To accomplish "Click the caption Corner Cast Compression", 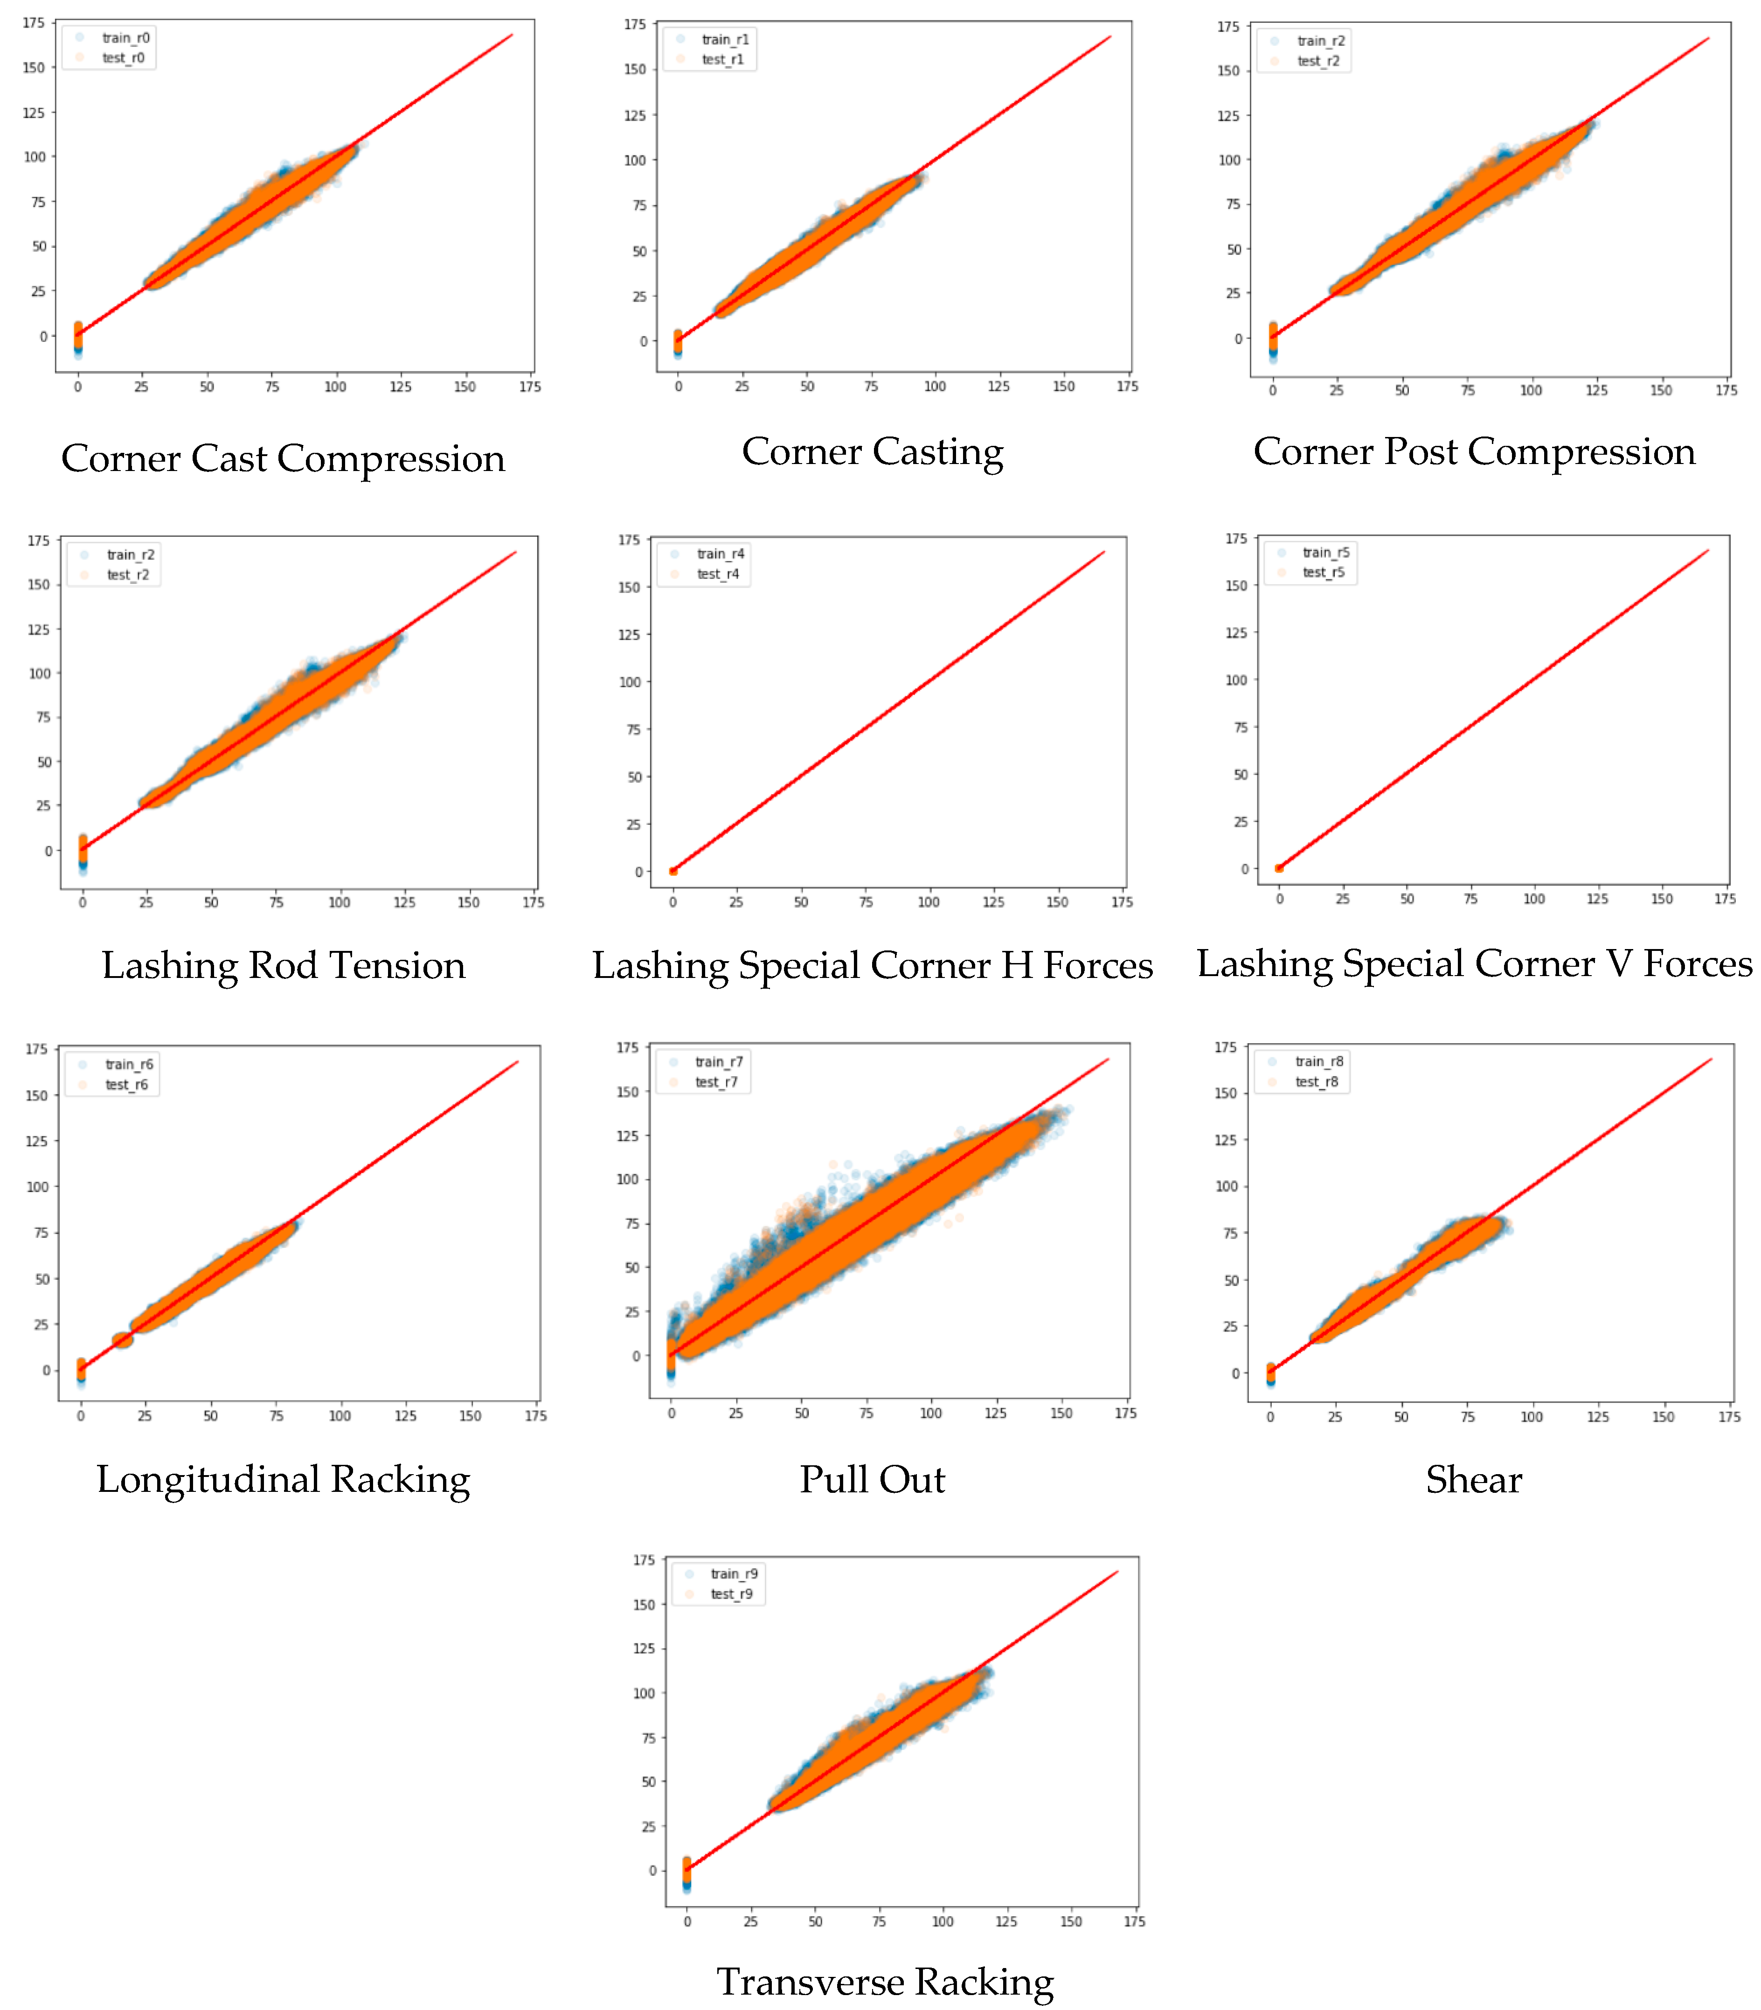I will click(283, 458).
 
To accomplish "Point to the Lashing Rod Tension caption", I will click(283, 965).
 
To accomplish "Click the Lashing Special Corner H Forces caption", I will click(873, 965).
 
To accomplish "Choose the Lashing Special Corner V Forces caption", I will click(1474, 963).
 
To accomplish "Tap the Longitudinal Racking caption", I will click(283, 1479).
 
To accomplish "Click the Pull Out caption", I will click(873, 1479).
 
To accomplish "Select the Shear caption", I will click(1474, 1479).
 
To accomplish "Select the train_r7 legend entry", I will click(718, 1061).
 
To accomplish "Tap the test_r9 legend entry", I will click(731, 1594).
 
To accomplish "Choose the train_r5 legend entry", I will click(1326, 552).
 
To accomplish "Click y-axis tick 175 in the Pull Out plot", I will click(627, 1048).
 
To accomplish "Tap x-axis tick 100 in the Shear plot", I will click(1532, 1416).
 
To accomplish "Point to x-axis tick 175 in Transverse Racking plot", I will click(1134, 1921).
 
